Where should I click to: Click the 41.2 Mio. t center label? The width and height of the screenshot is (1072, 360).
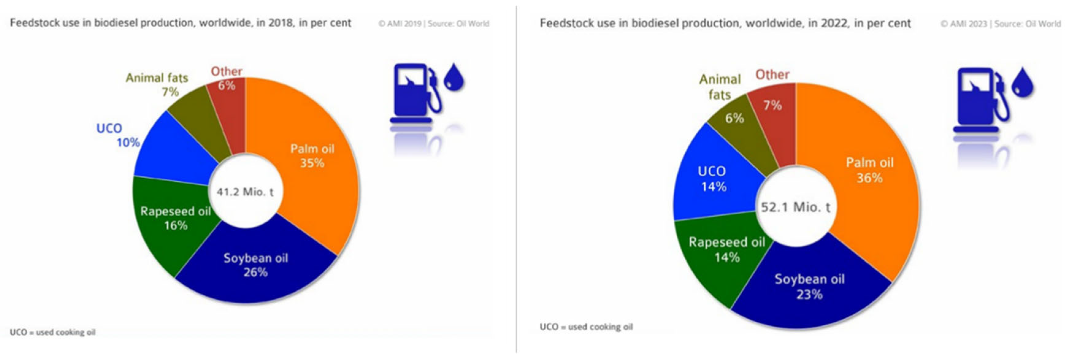coord(245,192)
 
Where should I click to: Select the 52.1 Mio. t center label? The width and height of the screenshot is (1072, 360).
coord(795,207)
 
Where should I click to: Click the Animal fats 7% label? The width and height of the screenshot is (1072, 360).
coord(157,85)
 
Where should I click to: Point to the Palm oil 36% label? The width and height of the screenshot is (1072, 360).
coord(869,170)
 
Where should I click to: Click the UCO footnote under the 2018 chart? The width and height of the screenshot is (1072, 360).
coord(52,332)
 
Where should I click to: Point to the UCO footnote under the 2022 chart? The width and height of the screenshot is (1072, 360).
coord(586,327)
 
